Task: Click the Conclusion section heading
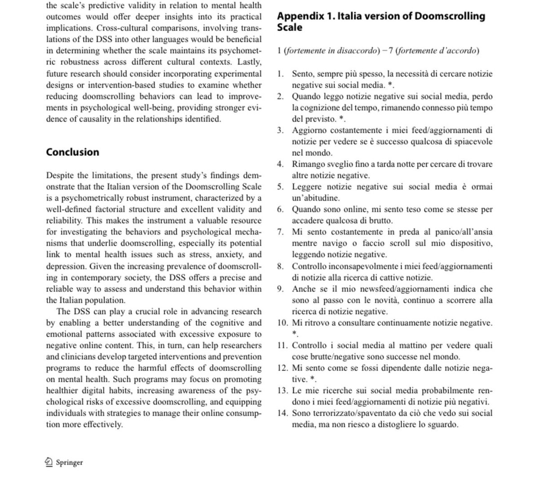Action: [x=72, y=152]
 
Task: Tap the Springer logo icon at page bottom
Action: [x=49, y=462]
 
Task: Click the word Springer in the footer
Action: [x=69, y=462]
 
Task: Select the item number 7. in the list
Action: [x=280, y=232]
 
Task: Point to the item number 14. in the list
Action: [x=282, y=413]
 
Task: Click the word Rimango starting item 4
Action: [x=307, y=164]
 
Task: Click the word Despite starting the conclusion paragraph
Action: [x=61, y=175]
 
